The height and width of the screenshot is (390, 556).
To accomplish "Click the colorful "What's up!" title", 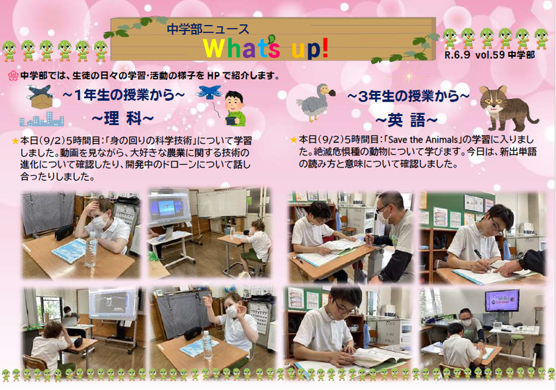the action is pos(266,48).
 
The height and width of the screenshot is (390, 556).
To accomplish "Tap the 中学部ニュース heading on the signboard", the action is pos(208,29).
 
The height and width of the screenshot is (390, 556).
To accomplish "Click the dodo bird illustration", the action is pos(316,102).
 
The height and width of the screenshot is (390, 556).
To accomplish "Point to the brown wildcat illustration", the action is pos(509,108).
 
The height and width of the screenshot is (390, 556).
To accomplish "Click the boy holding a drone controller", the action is pos(234,109).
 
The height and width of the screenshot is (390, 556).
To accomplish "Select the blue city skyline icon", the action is pos(42,120).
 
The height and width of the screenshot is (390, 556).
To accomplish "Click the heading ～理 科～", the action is pos(123,118).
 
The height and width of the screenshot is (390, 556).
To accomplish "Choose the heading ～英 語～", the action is pos(407,120).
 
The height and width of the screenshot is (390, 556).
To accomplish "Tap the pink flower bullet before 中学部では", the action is pos(13,75).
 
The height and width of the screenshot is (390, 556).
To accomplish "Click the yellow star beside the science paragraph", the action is pos(15,141).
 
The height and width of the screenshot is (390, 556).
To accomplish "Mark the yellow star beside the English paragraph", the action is pos(294,140).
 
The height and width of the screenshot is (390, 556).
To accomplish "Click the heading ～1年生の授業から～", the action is pos(124,95).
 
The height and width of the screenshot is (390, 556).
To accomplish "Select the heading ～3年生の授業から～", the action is pos(408,97).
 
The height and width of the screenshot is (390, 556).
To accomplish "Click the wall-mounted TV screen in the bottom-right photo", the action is pos(501,300).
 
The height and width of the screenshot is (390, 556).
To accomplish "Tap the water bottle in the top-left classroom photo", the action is pos(91,250).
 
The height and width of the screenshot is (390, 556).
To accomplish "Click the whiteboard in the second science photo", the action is pos(222,203).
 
